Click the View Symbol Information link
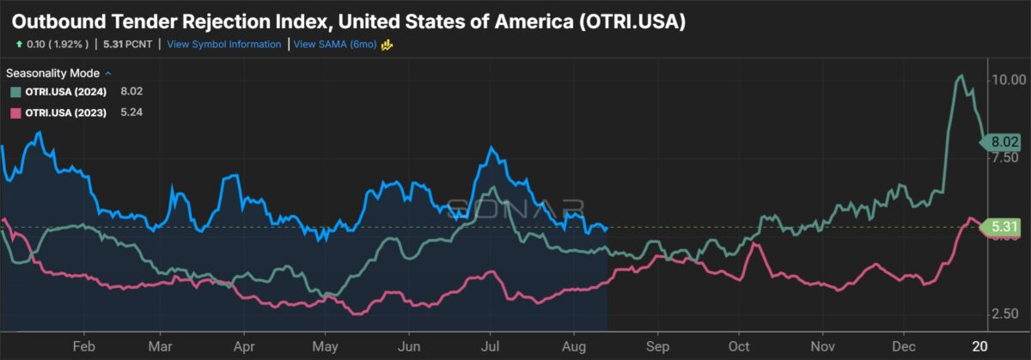(223, 44)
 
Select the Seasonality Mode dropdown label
(53, 73)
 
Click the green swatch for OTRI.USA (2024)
(15, 92)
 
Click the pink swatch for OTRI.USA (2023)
(15, 113)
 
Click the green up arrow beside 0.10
(18, 44)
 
